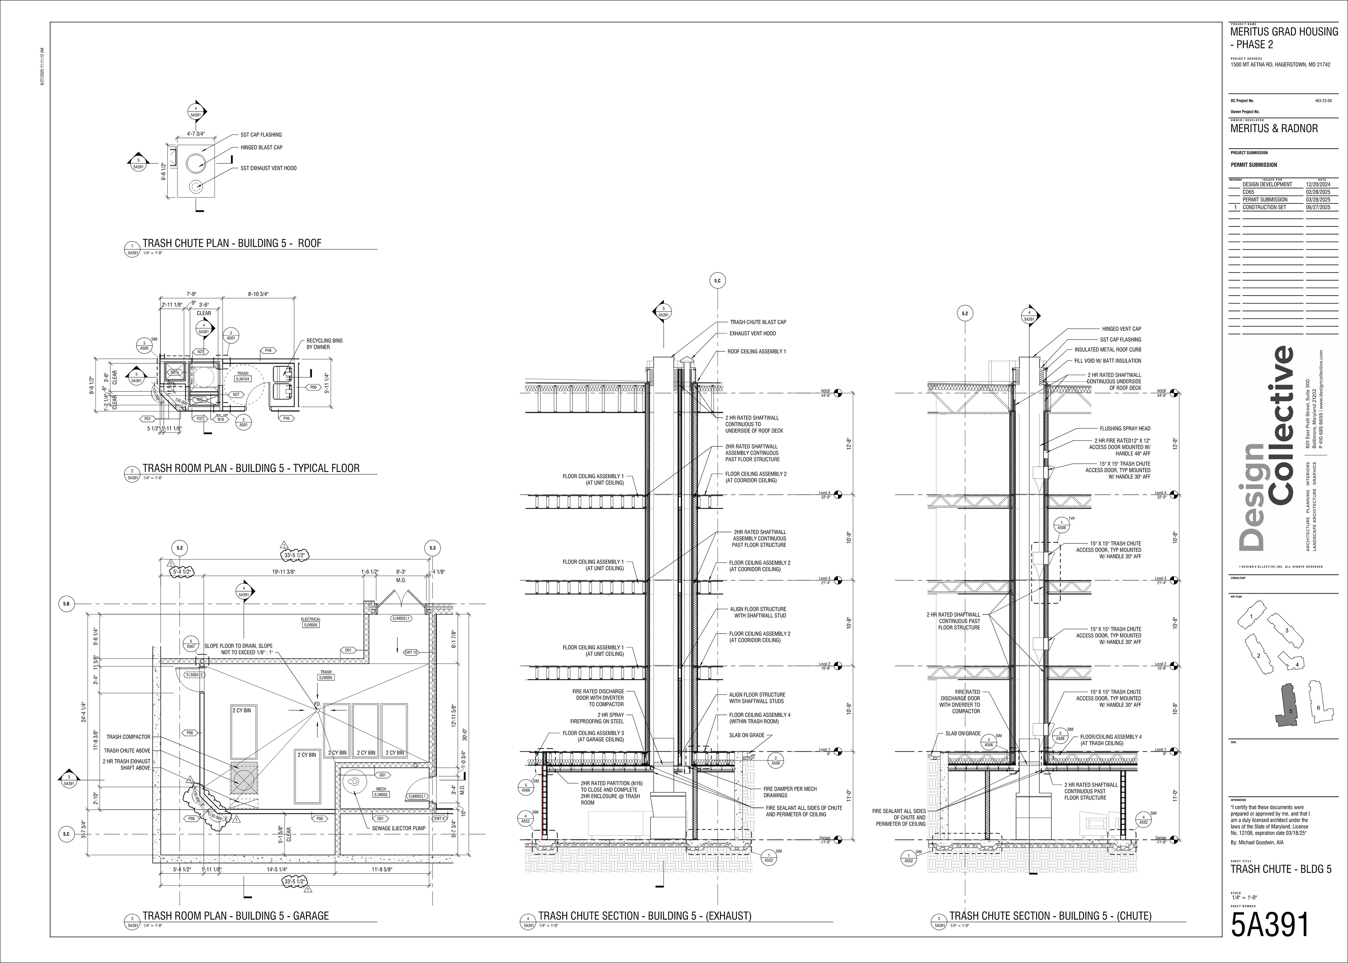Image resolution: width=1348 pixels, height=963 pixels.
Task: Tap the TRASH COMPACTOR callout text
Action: tap(128, 737)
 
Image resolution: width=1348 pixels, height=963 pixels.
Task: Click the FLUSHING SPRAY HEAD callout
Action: tap(1124, 428)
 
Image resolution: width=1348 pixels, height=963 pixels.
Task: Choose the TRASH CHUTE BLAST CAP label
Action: tap(758, 322)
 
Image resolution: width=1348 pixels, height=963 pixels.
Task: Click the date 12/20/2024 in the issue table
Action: tap(1318, 184)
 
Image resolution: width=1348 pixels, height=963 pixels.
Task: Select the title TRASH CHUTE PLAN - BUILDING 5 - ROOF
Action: tap(231, 243)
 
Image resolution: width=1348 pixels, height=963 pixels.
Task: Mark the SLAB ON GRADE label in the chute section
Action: tap(962, 733)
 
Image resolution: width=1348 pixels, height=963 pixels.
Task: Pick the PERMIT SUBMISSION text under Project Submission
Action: tap(1254, 165)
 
